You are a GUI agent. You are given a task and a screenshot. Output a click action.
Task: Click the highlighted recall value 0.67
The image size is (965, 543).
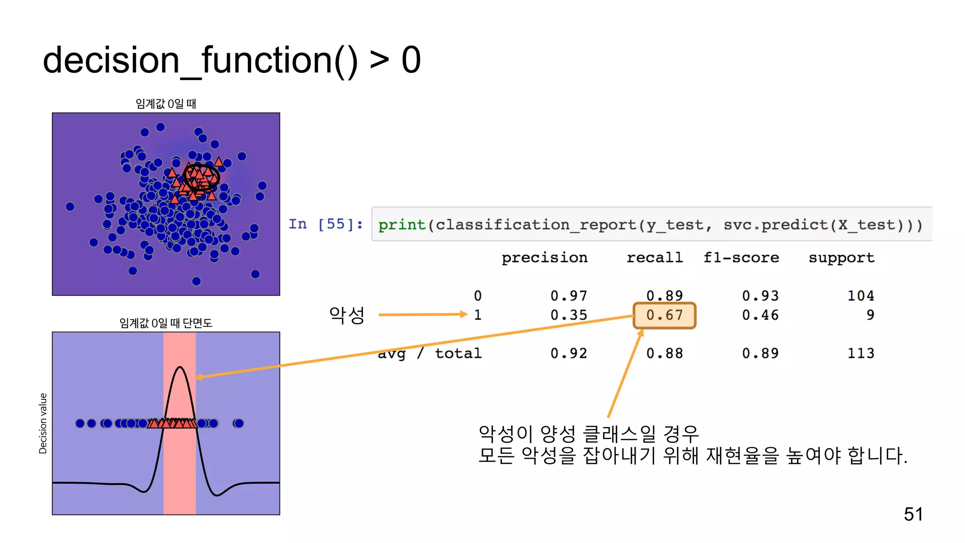click(x=664, y=315)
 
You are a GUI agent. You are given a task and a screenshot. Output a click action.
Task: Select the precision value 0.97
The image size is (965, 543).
click(x=569, y=296)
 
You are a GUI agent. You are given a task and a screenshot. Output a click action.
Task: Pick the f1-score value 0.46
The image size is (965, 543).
click(x=760, y=315)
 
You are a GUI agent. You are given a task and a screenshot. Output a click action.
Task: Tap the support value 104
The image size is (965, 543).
click(x=860, y=296)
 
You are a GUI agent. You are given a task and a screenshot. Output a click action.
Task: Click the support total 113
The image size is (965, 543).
click(x=860, y=354)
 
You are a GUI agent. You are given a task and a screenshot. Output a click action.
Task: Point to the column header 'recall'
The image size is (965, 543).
click(x=654, y=258)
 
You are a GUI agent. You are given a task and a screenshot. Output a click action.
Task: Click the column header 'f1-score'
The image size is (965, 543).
click(x=741, y=258)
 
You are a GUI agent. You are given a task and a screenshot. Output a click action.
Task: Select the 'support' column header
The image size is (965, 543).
click(x=842, y=258)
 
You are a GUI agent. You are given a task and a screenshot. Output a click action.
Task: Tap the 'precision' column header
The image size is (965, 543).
click(x=544, y=258)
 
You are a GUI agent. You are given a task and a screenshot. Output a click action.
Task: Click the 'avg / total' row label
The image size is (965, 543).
click(x=430, y=354)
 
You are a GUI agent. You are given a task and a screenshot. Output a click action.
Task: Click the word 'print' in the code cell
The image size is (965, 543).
click(x=402, y=225)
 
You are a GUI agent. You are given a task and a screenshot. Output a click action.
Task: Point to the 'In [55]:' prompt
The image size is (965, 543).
click(x=326, y=224)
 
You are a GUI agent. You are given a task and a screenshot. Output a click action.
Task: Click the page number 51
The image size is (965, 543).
click(x=913, y=514)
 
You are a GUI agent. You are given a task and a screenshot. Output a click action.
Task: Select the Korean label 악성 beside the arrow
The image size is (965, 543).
click(x=347, y=315)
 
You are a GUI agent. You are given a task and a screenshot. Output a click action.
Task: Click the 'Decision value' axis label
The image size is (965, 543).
click(x=43, y=423)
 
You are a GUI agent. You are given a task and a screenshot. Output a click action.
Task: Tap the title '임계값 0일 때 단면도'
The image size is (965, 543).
click(x=166, y=323)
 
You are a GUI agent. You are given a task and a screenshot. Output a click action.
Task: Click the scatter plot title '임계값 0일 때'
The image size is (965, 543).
click(x=166, y=104)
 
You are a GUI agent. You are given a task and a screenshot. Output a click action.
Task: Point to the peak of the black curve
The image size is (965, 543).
click(x=180, y=367)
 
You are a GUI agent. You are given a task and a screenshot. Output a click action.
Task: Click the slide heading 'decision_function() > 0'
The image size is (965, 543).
click(x=231, y=60)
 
